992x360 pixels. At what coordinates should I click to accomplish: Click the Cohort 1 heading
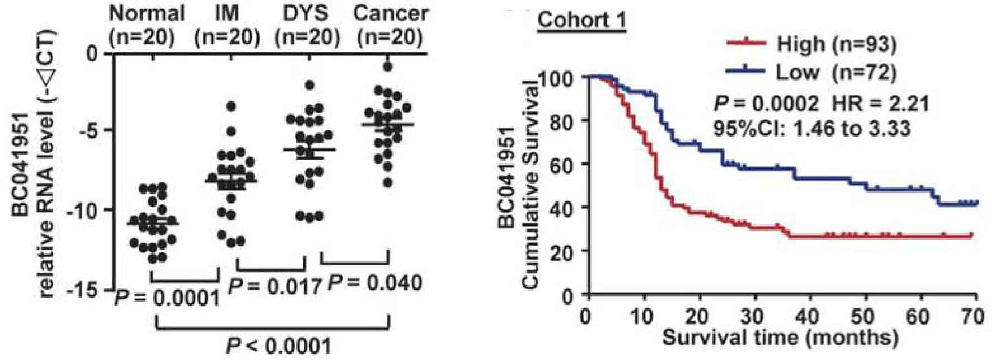tap(581, 21)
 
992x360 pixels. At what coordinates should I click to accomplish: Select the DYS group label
tap(307, 12)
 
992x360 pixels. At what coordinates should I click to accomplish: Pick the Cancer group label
tap(391, 12)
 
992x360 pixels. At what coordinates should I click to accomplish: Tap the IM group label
tap(227, 12)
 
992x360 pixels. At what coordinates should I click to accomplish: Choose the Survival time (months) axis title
tap(781, 337)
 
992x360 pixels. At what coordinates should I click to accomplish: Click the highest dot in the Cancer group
tap(387, 67)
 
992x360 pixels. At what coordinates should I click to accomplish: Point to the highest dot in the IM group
tap(230, 106)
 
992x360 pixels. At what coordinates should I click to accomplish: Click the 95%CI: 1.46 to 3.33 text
tap(811, 129)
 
